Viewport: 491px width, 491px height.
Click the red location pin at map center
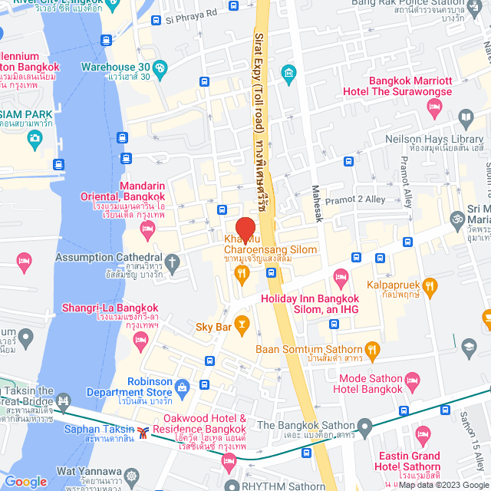[245, 229]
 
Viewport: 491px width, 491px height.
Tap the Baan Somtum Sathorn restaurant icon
[373, 351]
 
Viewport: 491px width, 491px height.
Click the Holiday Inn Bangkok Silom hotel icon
[340, 276]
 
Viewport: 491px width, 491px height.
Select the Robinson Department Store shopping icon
[181, 386]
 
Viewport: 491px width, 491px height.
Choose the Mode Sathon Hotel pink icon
[412, 380]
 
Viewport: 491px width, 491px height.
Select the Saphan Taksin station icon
[143, 432]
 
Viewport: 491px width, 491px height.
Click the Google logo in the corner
[26, 481]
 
